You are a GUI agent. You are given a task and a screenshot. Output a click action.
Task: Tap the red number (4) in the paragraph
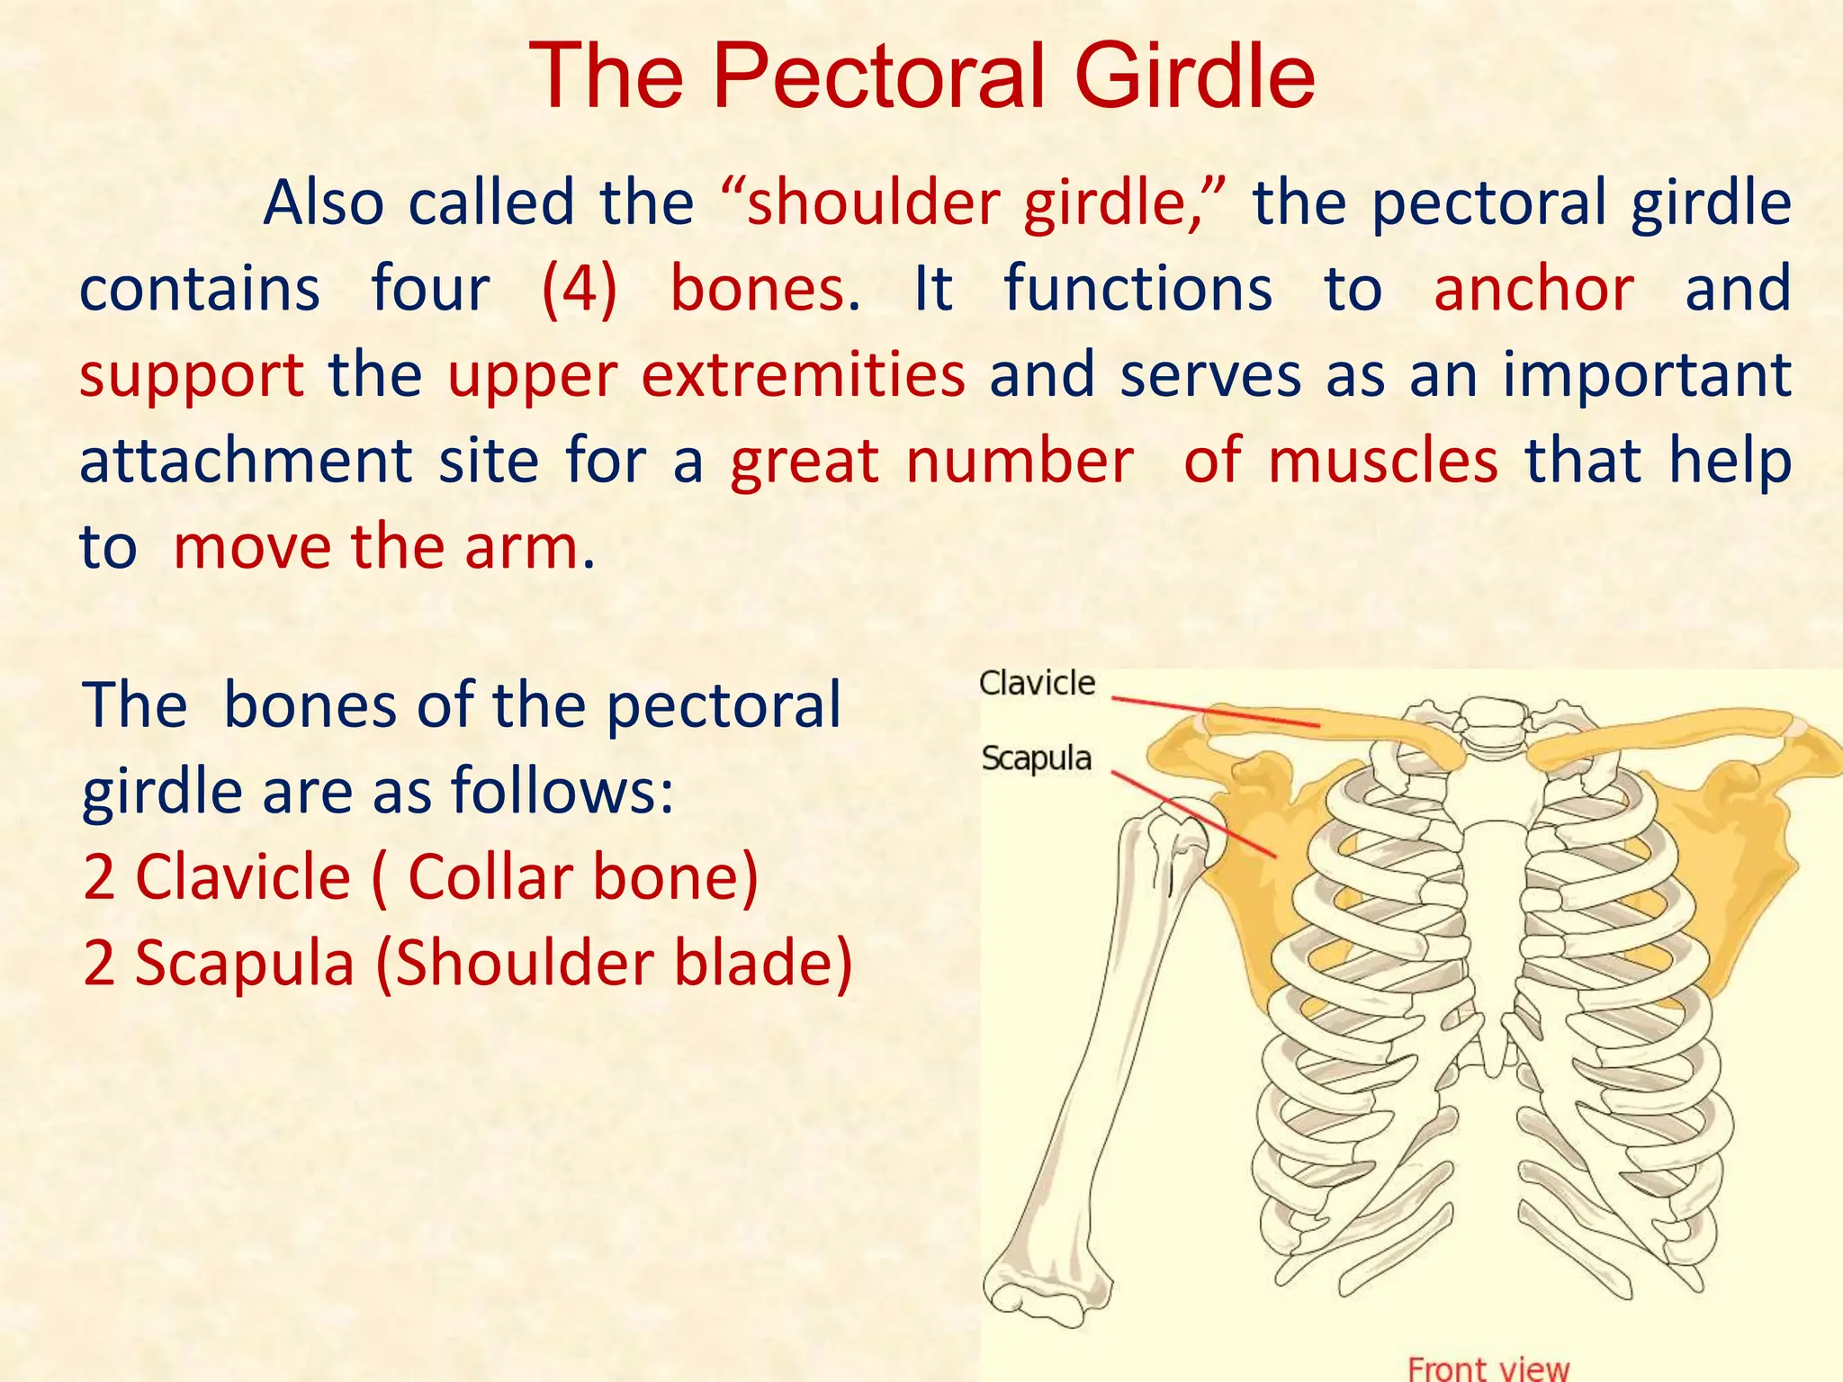[x=580, y=290]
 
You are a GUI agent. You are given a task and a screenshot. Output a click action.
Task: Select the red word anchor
[x=1533, y=290]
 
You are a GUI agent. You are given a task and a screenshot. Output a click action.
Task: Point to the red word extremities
[x=803, y=374]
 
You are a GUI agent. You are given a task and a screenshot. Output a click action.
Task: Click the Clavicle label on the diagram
[x=1037, y=683]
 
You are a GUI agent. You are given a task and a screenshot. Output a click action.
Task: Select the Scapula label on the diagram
[x=1036, y=758]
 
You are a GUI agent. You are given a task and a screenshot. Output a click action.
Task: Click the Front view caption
[x=1488, y=1368]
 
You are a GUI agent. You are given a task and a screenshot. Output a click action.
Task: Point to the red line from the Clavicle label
[x=1215, y=711]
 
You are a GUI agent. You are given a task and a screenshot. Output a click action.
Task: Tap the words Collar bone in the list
[x=582, y=877]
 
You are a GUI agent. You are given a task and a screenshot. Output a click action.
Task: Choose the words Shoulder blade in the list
[x=613, y=964]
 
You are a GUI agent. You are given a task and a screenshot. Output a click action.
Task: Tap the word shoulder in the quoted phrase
[x=873, y=203]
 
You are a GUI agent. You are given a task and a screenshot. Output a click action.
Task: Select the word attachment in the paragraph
[x=245, y=461]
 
